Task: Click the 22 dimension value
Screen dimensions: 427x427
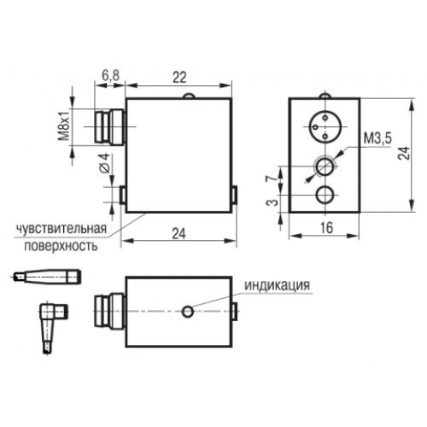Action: pyautogui.click(x=179, y=76)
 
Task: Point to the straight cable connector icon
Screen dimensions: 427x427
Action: pyautogui.click(x=46, y=277)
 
